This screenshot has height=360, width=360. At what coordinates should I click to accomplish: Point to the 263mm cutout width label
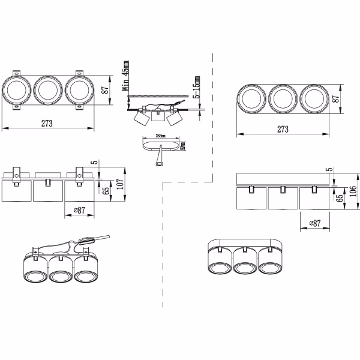point(160,136)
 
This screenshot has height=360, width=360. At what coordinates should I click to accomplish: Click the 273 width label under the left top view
point(48,123)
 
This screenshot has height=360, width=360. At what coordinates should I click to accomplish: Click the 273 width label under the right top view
point(283,129)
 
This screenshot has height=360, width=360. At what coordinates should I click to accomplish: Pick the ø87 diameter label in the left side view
point(79,210)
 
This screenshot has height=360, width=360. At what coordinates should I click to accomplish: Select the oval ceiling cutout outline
point(161,144)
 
